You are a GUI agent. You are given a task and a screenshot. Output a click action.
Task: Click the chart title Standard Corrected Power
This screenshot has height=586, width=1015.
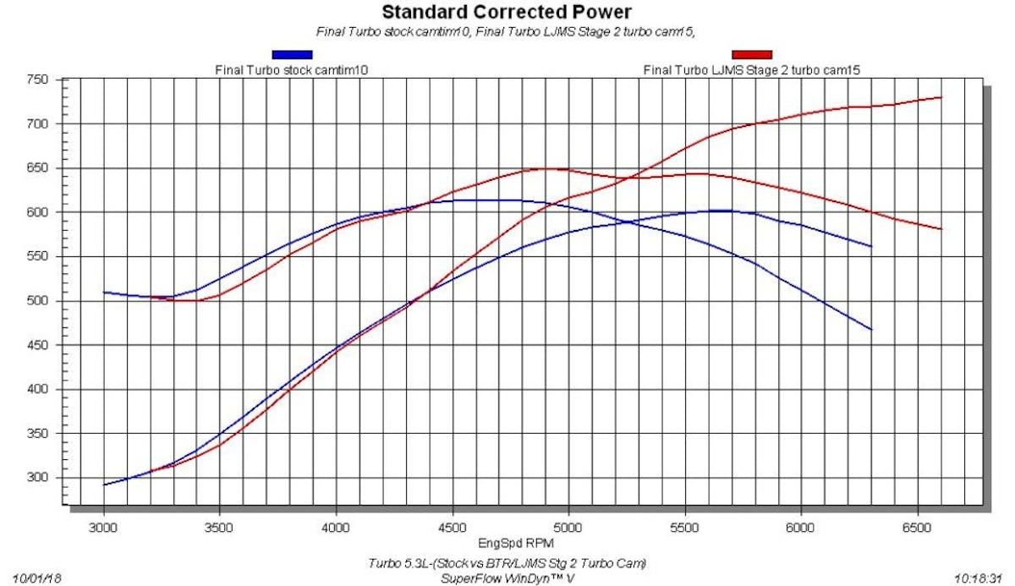pyautogui.click(x=506, y=13)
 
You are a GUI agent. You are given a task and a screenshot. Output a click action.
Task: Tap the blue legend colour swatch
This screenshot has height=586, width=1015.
pyautogui.click(x=292, y=55)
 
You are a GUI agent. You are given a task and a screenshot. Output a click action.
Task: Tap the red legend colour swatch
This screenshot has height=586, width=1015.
pyautogui.click(x=752, y=55)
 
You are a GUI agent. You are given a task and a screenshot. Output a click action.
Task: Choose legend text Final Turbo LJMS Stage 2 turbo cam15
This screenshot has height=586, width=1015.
pyautogui.click(x=752, y=70)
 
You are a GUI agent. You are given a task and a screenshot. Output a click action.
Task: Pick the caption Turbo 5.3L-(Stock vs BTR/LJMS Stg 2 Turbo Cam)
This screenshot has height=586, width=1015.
pyautogui.click(x=507, y=563)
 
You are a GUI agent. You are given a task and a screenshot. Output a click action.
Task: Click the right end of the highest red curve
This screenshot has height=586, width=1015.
pyautogui.click(x=941, y=97)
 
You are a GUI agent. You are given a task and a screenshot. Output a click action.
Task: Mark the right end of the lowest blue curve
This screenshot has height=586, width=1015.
pyautogui.click(x=871, y=329)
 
